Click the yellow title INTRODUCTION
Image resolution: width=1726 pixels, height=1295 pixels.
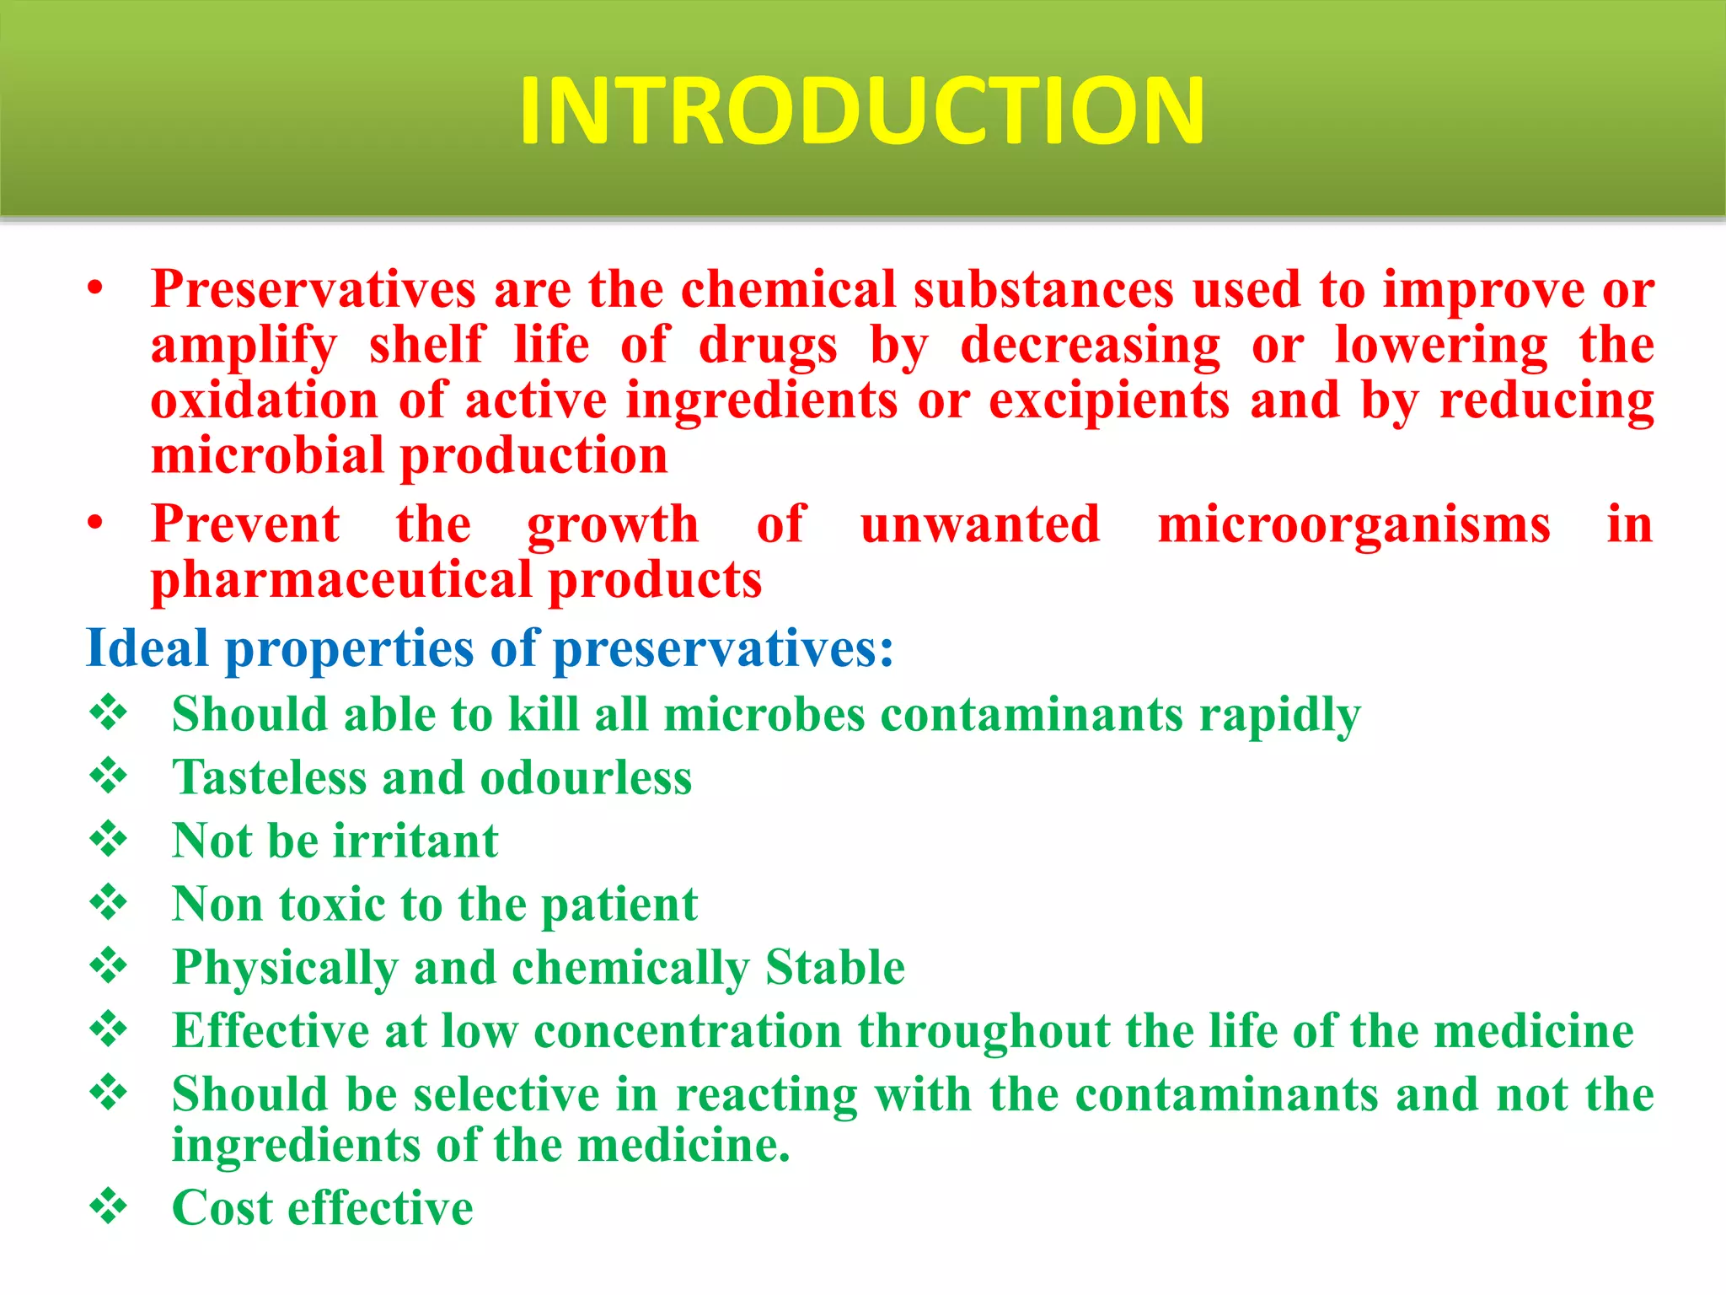(861, 111)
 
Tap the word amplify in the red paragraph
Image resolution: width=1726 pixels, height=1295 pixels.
(244, 346)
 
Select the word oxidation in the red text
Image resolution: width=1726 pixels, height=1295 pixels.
(264, 400)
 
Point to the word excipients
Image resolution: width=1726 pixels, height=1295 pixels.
(1108, 400)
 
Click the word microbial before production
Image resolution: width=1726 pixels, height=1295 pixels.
(267, 456)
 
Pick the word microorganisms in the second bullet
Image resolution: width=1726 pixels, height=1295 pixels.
(1353, 524)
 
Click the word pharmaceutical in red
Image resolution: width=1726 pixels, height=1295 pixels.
(341, 581)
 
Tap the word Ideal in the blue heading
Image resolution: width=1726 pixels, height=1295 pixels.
(147, 648)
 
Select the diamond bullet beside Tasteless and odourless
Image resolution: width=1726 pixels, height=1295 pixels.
(109, 776)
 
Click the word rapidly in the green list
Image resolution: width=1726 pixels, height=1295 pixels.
(1279, 715)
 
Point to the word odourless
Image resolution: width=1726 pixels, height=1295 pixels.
(586, 777)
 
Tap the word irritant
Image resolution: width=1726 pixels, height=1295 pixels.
(415, 841)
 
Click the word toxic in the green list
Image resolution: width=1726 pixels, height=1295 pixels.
(331, 904)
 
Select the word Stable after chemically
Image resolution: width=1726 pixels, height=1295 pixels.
(834, 967)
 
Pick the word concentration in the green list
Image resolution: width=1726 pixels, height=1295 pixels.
(688, 1030)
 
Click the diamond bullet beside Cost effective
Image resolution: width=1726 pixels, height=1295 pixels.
(109, 1206)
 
